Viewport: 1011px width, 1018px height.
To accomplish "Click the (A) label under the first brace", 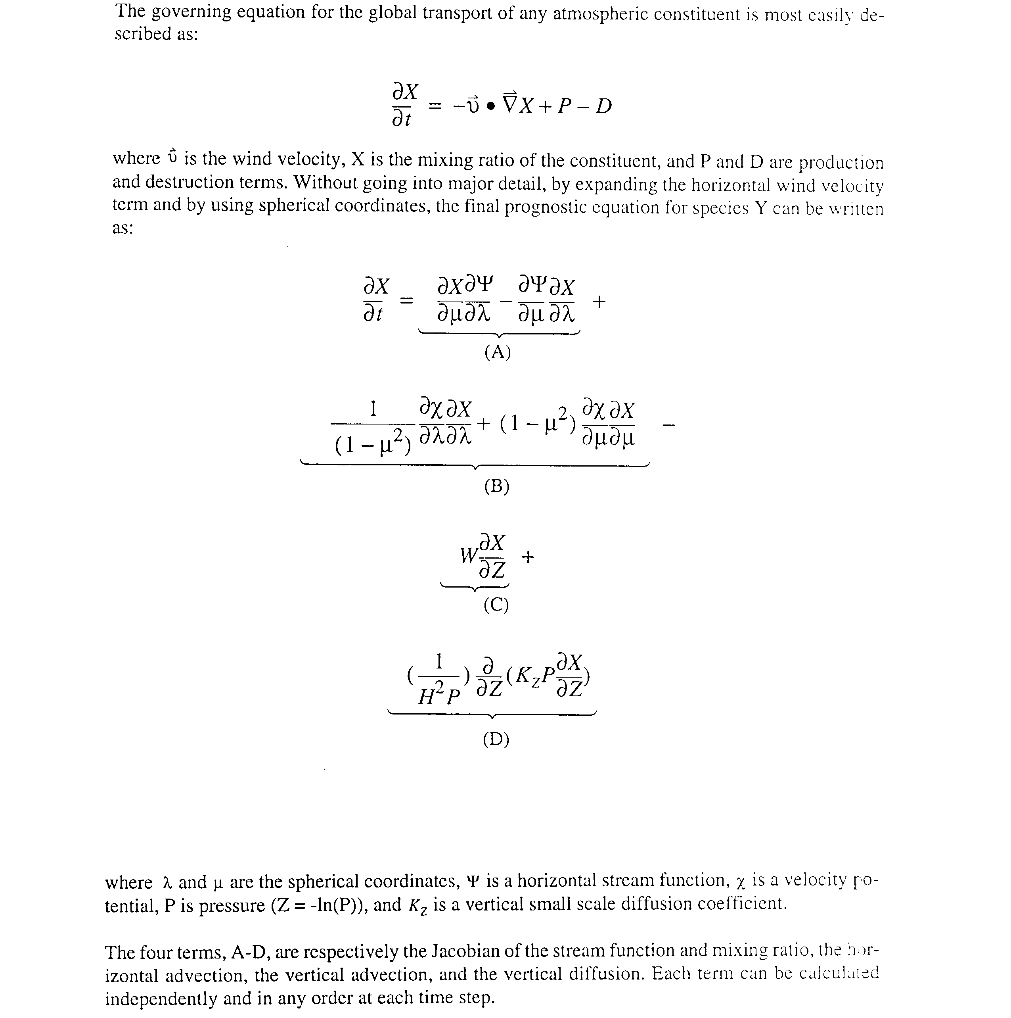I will pos(497,352).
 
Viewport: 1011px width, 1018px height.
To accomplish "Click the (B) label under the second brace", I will pos(496,486).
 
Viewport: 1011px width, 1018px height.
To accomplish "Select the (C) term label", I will pos(496,605).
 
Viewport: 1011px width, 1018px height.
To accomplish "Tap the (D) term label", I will pos(496,740).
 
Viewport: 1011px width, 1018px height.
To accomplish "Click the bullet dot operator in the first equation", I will pos(491,106).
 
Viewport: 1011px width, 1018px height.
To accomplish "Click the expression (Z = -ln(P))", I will pos(319,905).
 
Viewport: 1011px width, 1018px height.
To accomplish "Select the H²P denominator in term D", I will pos(438,697).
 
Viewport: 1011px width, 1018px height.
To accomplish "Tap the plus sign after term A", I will pos(599,302).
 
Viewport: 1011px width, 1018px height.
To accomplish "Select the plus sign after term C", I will pos(528,557).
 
